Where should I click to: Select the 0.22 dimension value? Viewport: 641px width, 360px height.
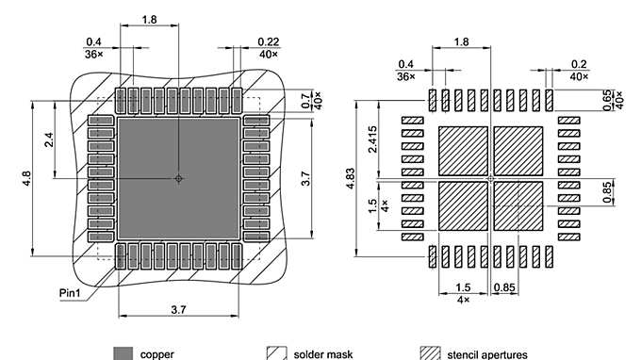click(268, 42)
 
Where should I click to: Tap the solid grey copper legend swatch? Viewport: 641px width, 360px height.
click(123, 353)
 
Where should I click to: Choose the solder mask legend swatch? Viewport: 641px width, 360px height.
click(276, 353)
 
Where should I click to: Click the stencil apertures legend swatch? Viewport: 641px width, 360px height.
click(430, 353)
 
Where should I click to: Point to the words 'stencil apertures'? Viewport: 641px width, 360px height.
click(488, 354)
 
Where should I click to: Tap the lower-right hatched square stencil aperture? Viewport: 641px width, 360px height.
click(518, 205)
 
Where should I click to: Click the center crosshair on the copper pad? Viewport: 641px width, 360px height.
click(179, 178)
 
